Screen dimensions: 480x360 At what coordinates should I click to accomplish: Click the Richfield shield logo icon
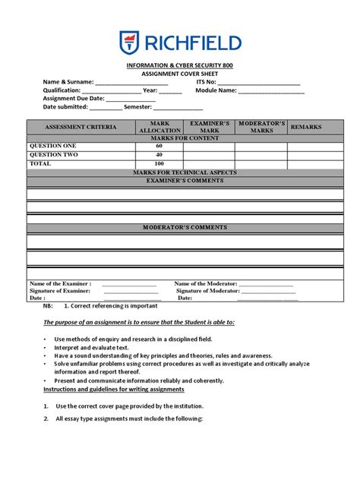(129, 43)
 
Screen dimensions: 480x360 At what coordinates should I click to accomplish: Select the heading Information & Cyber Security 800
(180, 66)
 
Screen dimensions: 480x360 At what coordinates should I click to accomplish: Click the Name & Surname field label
(68, 82)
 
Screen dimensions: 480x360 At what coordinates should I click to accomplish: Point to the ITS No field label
(207, 82)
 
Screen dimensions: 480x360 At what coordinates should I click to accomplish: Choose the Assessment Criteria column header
(81, 127)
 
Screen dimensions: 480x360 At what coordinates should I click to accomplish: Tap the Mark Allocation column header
(159, 127)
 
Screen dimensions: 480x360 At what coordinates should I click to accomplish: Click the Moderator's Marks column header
(261, 127)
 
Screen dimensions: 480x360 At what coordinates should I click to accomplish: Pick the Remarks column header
(306, 127)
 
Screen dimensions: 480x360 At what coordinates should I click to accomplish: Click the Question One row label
(52, 146)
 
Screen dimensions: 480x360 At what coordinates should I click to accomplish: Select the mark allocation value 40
(159, 154)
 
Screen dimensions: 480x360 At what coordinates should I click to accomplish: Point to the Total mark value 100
(159, 163)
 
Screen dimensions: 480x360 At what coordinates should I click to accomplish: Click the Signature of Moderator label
(207, 291)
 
